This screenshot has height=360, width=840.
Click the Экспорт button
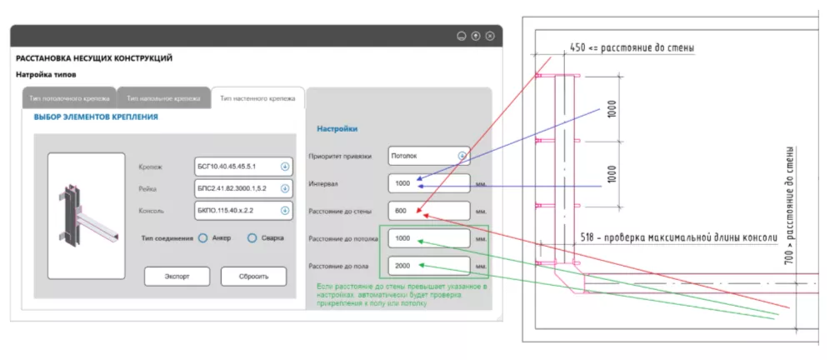click(177, 276)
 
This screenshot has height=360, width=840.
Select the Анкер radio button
click(203, 238)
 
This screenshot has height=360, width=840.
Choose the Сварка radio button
click(252, 238)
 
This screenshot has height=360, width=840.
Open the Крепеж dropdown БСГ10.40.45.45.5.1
click(242, 165)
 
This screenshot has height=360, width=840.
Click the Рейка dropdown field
click(242, 188)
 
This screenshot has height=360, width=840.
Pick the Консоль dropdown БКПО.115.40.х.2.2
click(242, 211)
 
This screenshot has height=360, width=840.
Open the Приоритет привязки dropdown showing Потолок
click(428, 156)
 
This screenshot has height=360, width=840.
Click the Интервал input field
click(428, 182)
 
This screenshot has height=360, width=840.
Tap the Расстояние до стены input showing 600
click(428, 211)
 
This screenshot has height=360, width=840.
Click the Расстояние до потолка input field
click(428, 239)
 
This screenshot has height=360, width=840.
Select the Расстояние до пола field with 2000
click(428, 267)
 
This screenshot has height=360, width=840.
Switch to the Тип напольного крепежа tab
click(163, 98)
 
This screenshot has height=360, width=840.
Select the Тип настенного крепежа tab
click(257, 98)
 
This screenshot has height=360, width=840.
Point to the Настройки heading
click(337, 129)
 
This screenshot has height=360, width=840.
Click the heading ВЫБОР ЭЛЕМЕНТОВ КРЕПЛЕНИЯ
click(96, 117)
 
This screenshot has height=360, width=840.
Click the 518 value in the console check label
click(590, 237)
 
